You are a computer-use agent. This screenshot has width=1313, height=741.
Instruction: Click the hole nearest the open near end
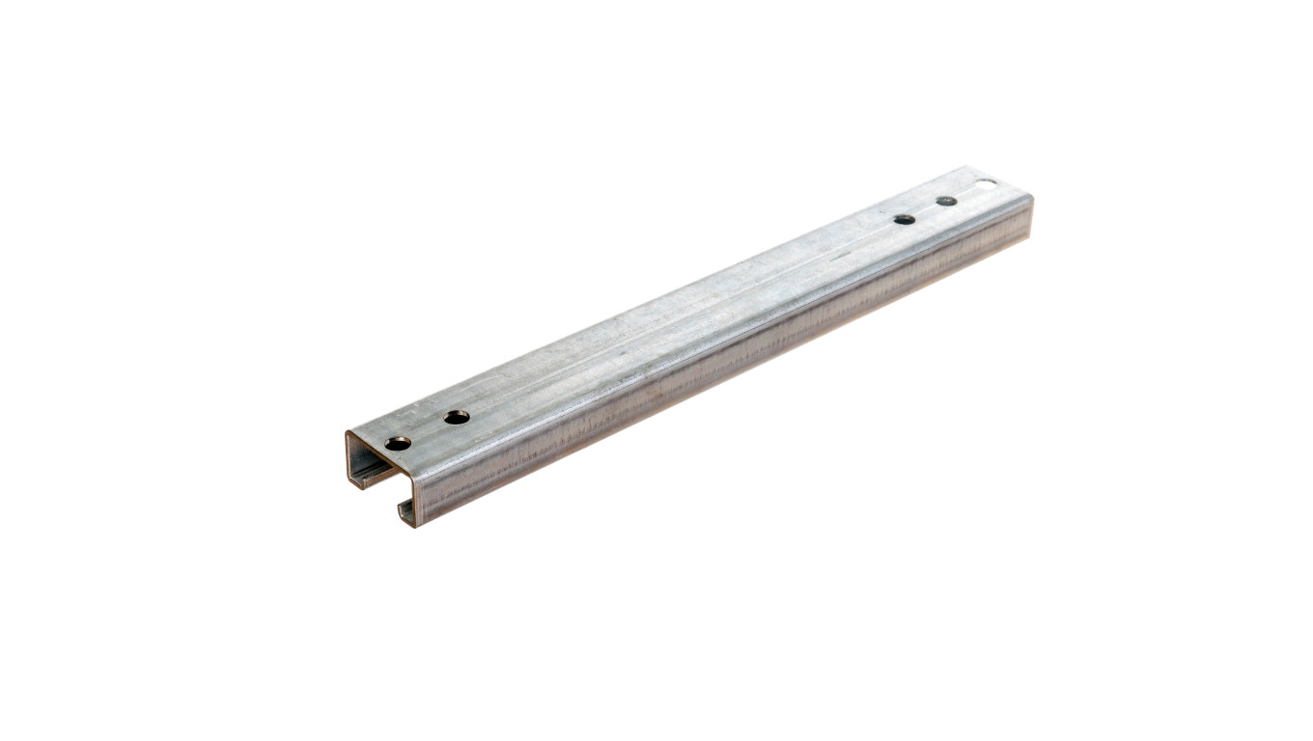point(398,443)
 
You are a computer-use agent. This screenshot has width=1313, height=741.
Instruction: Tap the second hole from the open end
point(457,417)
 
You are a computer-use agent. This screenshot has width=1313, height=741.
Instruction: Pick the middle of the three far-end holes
point(946,201)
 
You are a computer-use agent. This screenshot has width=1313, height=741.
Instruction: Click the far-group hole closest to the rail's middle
point(905,219)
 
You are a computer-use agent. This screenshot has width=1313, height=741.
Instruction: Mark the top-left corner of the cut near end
point(347,432)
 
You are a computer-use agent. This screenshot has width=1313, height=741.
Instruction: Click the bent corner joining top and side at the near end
point(413,478)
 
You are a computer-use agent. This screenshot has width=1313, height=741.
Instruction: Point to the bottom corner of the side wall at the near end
point(416,526)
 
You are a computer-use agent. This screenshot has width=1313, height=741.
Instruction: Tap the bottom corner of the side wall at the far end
point(1029,235)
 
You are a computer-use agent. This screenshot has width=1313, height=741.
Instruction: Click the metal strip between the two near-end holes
point(428,430)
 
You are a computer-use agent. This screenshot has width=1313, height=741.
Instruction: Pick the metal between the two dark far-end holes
point(926,210)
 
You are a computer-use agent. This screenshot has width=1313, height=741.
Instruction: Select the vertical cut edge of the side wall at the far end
point(1031,217)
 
